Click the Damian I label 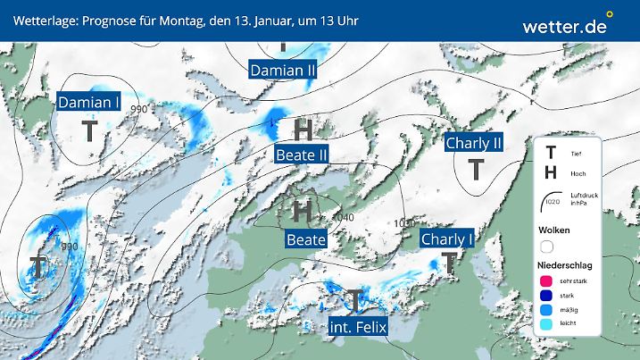pyautogui.click(x=90, y=103)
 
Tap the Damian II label pyautogui.click(x=283, y=70)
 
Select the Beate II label pyautogui.click(x=302, y=155)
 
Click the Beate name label pyautogui.click(x=305, y=239)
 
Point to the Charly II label pyautogui.click(x=475, y=143)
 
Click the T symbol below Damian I pyautogui.click(x=90, y=131)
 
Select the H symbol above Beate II pyautogui.click(x=303, y=130)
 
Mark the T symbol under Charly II pyautogui.click(x=478, y=168)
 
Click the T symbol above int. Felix pyautogui.click(x=355, y=301)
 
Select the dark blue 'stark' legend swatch pyautogui.click(x=545, y=296)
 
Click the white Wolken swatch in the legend pyautogui.click(x=546, y=246)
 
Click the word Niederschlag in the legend pyautogui.click(x=564, y=264)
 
